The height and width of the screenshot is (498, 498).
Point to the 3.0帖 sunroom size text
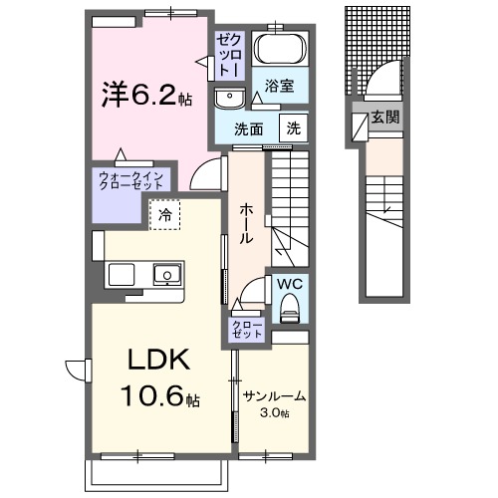(x=274, y=413)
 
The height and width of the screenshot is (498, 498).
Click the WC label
(x=289, y=282)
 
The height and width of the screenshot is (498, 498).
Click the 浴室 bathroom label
(x=278, y=87)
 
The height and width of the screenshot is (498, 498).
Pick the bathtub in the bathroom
(x=278, y=49)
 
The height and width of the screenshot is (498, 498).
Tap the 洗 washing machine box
(x=295, y=127)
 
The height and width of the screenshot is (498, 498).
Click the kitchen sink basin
(x=163, y=274)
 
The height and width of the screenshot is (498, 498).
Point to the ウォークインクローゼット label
(x=131, y=181)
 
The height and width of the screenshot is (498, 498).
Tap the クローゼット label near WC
(x=247, y=330)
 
